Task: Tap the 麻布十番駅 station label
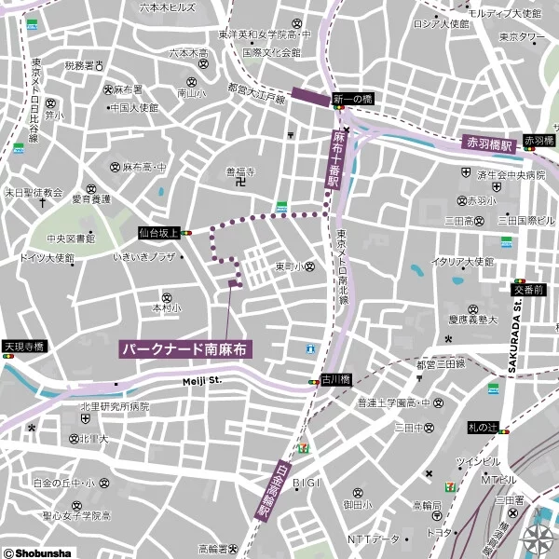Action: (x=336, y=159)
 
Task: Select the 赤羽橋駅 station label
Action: (x=490, y=144)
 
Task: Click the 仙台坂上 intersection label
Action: (x=158, y=233)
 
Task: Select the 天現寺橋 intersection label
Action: (x=23, y=346)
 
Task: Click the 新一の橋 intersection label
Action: (x=353, y=99)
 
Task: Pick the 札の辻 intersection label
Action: (x=484, y=428)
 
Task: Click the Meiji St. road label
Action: (x=201, y=380)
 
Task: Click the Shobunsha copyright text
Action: (x=37, y=552)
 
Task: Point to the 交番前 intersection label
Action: (x=527, y=290)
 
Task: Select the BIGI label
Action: (x=306, y=482)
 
